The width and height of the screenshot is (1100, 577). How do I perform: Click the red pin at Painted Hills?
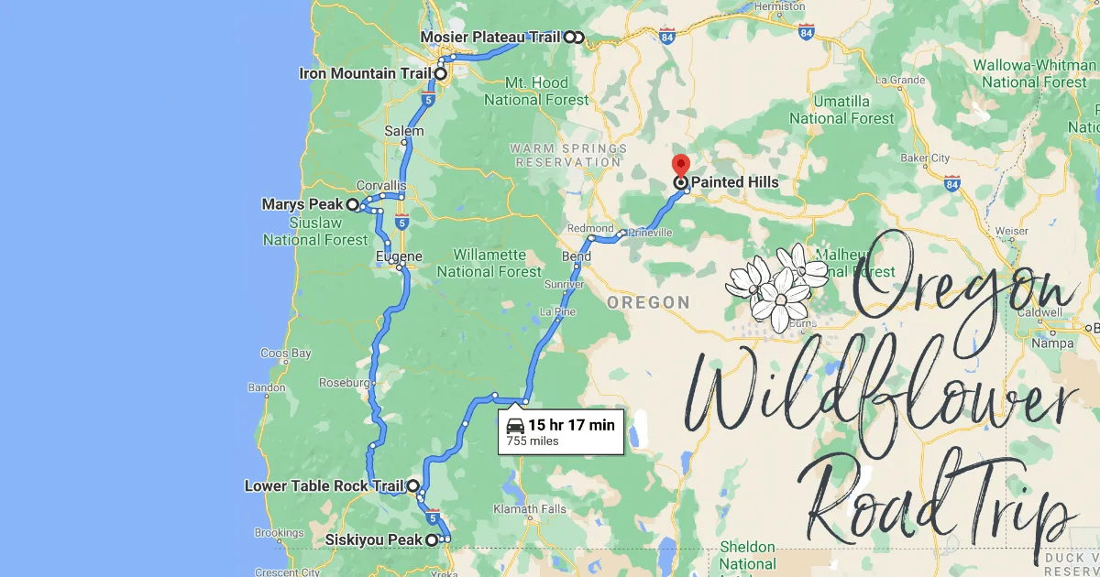[x=680, y=166]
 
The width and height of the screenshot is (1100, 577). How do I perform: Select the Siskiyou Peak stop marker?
[x=431, y=540]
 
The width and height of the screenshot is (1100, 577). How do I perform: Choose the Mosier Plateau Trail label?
[x=489, y=38]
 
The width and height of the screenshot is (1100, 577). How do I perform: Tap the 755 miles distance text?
[x=533, y=441]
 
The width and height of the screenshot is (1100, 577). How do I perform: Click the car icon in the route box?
[x=515, y=425]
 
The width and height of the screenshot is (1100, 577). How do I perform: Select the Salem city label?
[x=404, y=131]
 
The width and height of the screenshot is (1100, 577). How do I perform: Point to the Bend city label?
[x=577, y=257]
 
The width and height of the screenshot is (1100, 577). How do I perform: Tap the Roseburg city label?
[x=344, y=382]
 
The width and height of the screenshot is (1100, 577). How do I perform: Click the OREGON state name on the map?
[x=649, y=302]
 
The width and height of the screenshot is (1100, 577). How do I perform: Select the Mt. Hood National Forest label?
[x=537, y=91]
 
